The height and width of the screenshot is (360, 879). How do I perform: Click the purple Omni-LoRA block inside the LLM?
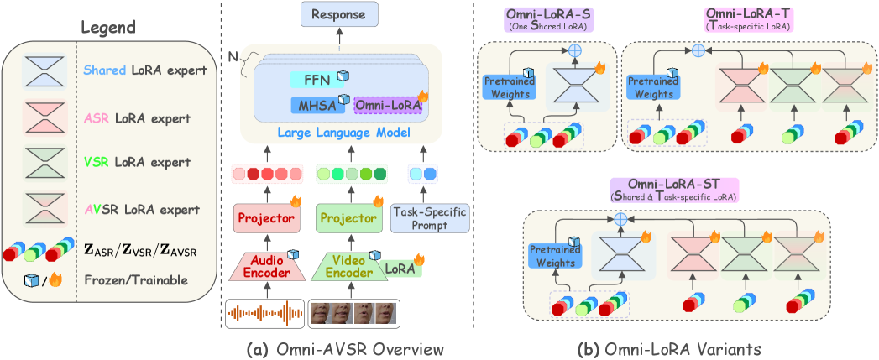386,105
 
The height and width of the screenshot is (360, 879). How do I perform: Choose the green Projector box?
348,218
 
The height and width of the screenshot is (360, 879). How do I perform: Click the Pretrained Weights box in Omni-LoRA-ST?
552,255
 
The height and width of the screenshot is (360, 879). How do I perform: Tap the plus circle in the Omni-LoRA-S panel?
576,50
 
